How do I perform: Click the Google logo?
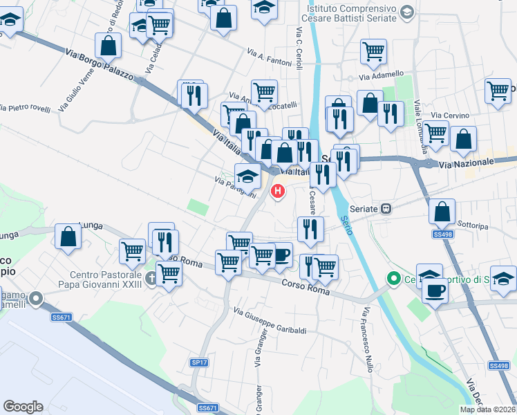[23, 407]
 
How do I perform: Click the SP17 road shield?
[199, 362]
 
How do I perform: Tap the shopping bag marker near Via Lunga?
[68, 237]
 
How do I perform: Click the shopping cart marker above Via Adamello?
[373, 50]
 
